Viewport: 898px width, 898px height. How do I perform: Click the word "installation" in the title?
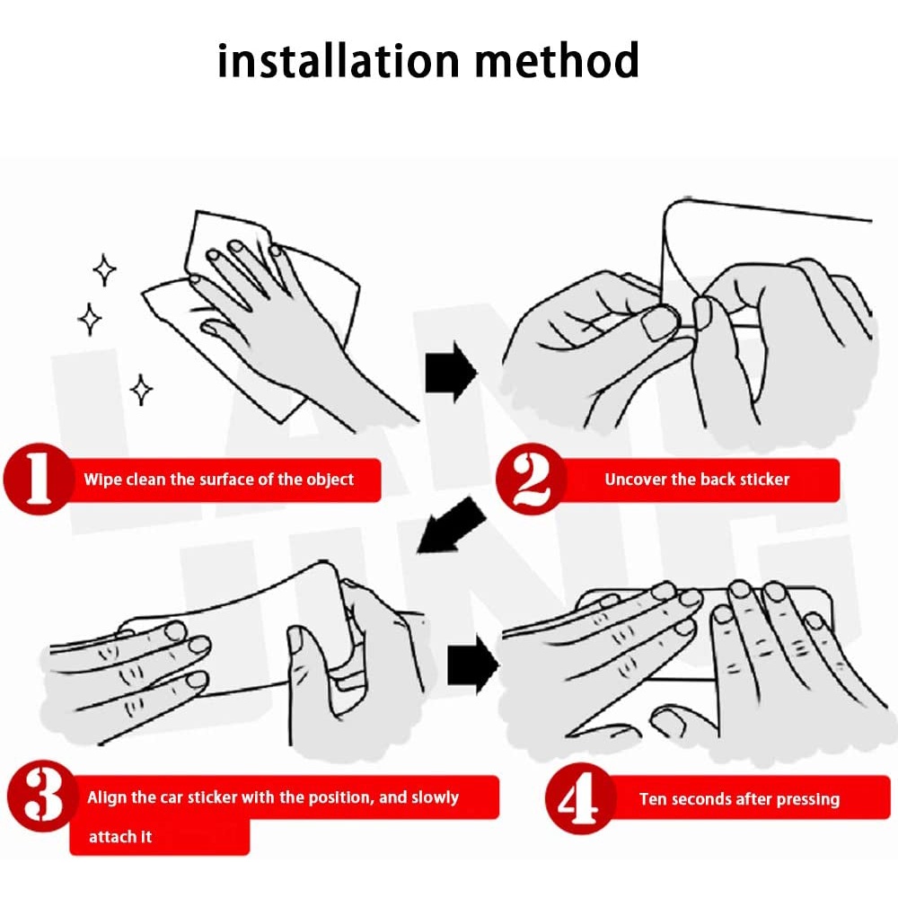point(339,60)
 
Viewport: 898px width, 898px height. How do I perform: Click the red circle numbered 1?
point(38,480)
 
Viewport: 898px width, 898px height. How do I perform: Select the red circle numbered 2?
point(531,480)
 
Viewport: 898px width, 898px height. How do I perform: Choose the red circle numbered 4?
point(580,798)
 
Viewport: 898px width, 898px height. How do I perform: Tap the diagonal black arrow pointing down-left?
point(452,525)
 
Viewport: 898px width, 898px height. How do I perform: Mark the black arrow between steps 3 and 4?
point(473,665)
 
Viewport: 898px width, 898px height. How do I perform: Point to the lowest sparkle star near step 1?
point(141,390)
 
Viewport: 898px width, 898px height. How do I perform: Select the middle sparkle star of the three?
point(89,319)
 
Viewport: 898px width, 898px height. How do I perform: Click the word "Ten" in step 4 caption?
point(653,799)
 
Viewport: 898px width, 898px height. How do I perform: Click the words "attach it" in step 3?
point(120,837)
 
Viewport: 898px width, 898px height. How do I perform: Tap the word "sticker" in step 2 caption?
point(765,480)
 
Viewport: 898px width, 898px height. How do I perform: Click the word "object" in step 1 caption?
point(330,480)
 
